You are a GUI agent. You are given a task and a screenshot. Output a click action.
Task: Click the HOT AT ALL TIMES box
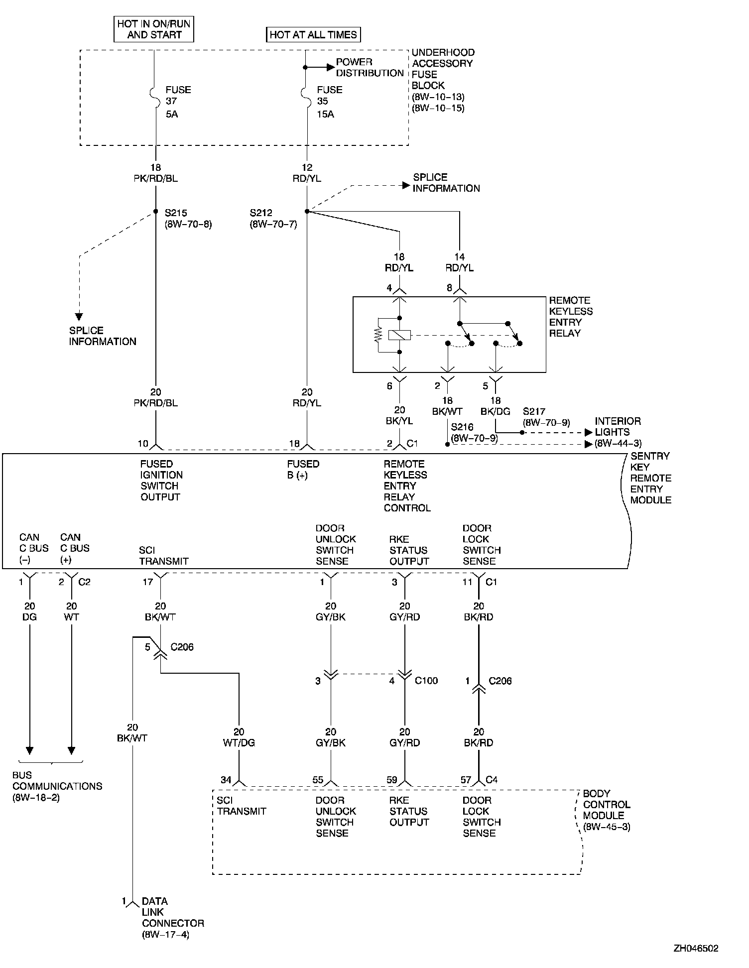tap(313, 34)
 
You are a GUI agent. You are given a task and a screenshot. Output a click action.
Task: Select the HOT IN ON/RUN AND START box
tap(154, 29)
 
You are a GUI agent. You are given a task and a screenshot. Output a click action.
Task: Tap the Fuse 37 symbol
tap(154, 93)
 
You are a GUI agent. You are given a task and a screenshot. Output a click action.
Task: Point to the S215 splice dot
tap(156, 211)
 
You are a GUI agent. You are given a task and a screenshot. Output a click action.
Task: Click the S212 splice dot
tap(307, 212)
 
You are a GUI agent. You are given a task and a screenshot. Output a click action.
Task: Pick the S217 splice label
tap(534, 412)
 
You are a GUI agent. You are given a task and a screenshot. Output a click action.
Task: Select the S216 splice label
tap(462, 427)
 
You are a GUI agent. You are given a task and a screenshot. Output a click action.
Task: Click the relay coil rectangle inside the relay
tap(399, 335)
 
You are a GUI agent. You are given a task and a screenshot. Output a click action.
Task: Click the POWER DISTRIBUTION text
tap(370, 68)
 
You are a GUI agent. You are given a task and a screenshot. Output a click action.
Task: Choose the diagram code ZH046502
tap(696, 949)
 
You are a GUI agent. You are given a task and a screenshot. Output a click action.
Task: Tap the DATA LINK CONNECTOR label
tap(172, 918)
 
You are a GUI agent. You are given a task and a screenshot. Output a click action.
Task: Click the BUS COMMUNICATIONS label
tap(57, 786)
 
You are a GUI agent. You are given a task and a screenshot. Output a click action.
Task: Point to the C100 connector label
tap(426, 681)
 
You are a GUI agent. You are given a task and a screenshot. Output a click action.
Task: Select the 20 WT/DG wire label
tap(239, 737)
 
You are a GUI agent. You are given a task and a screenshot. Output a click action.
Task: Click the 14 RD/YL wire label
tap(459, 262)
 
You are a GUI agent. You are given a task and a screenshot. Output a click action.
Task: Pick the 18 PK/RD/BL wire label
tap(155, 173)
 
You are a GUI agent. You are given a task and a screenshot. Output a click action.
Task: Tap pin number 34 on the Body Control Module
tap(226, 780)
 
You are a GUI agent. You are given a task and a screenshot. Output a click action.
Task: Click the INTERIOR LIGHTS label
tap(618, 427)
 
